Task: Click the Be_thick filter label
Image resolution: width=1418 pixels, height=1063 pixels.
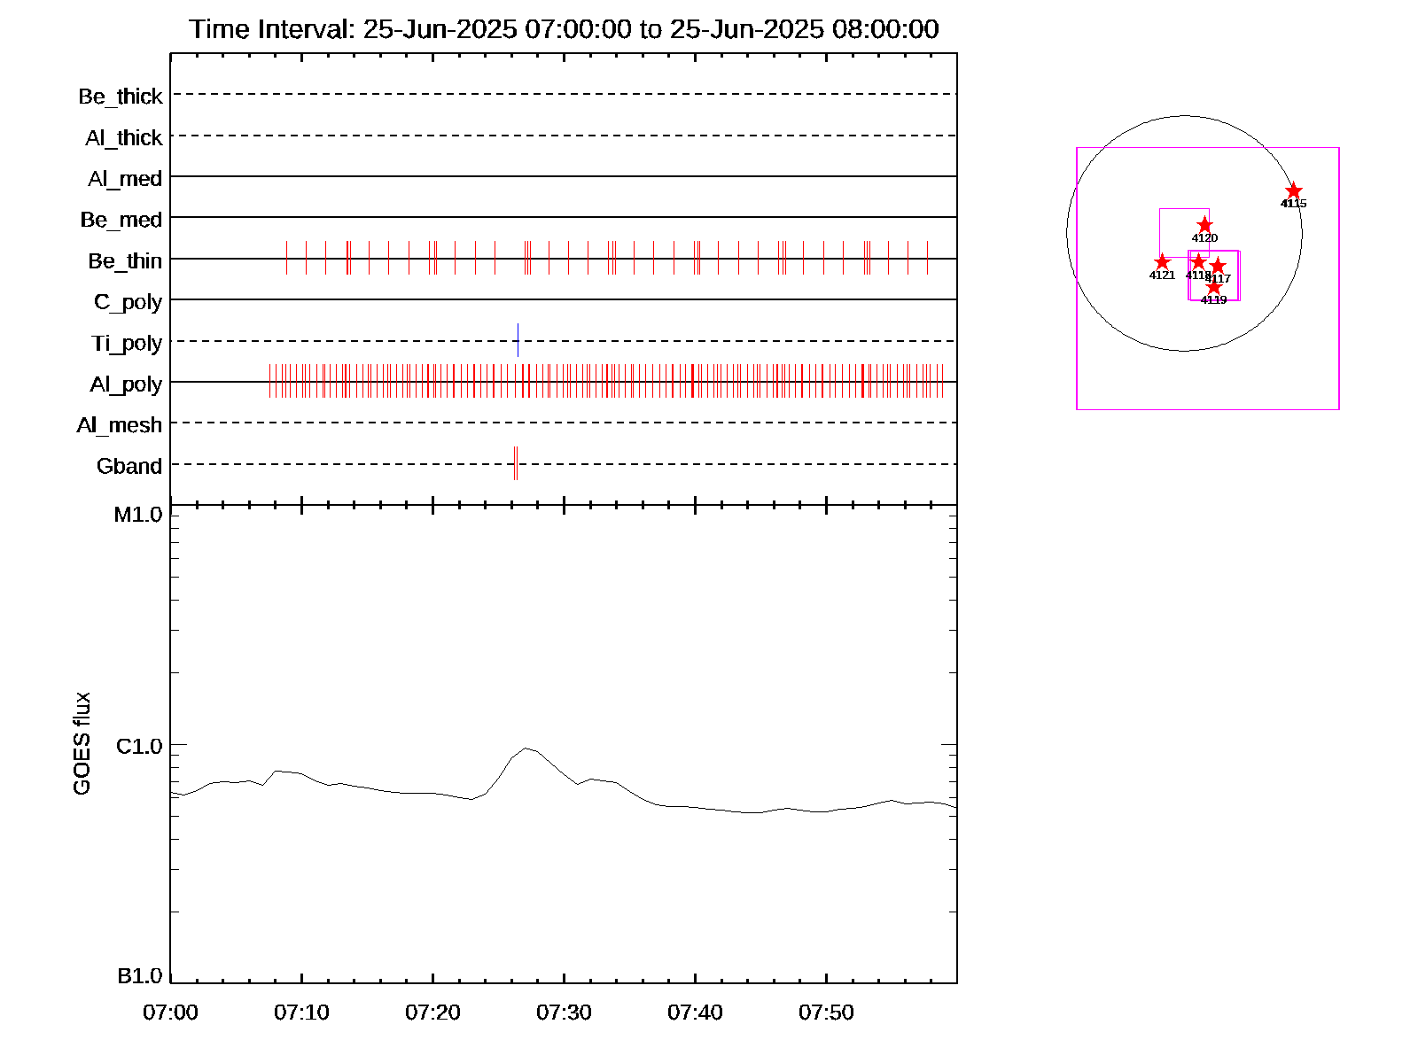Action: pyautogui.click(x=121, y=96)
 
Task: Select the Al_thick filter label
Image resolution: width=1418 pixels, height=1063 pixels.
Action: pyautogui.click(x=124, y=137)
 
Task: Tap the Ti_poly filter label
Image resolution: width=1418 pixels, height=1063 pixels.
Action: pyautogui.click(x=127, y=343)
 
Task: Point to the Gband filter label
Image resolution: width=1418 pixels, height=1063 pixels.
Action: pyautogui.click(x=129, y=466)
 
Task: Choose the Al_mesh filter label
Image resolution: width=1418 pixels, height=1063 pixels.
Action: pyautogui.click(x=120, y=425)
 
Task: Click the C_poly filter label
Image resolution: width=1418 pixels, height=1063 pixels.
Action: pyautogui.click(x=129, y=302)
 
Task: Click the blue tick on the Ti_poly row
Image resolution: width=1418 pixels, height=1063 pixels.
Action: pyautogui.click(x=518, y=340)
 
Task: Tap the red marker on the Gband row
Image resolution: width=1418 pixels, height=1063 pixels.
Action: pyautogui.click(x=515, y=463)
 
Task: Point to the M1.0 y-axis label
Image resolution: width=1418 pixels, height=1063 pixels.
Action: pyautogui.click(x=138, y=515)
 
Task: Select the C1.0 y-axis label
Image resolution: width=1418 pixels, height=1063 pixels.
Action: pyautogui.click(x=139, y=747)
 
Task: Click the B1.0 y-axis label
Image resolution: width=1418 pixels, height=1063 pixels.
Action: pyautogui.click(x=140, y=976)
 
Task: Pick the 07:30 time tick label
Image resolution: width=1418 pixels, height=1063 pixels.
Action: pyautogui.click(x=564, y=1013)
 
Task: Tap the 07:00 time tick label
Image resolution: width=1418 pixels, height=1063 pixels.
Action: pyautogui.click(x=170, y=1013)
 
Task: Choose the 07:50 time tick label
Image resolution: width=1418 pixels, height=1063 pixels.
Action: pyautogui.click(x=826, y=1013)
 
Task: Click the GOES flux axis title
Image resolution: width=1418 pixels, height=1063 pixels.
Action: pyautogui.click(x=82, y=744)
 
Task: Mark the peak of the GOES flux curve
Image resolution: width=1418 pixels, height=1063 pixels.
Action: pyautogui.click(x=526, y=749)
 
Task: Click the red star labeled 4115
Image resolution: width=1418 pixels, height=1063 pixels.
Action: pyautogui.click(x=1294, y=191)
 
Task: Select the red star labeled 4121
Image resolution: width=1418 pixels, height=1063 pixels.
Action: pyautogui.click(x=1162, y=262)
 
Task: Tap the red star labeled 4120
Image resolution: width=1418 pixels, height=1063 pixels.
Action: pyautogui.click(x=1204, y=225)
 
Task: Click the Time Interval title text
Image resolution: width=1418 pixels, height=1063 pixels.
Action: pyautogui.click(x=564, y=29)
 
